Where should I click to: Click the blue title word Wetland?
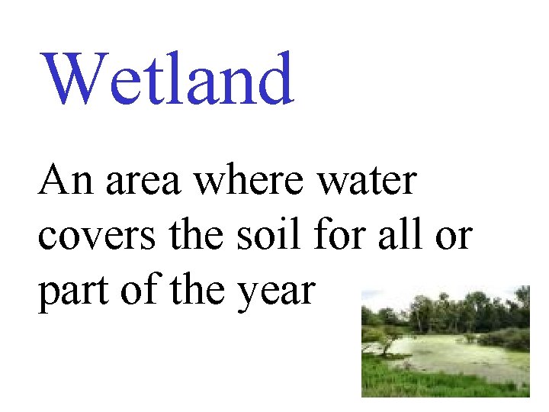168,79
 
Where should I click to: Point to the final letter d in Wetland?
274,79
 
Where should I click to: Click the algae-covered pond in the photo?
450,352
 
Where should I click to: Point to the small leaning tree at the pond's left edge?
386,336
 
